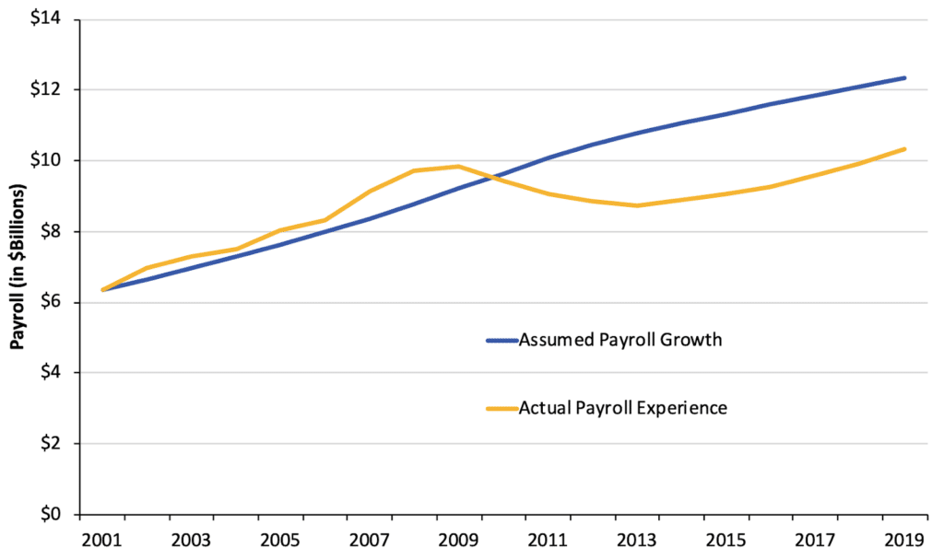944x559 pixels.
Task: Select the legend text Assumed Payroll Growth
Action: pos(619,339)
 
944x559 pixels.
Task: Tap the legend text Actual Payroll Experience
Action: pos(622,408)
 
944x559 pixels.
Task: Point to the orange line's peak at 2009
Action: pos(458,167)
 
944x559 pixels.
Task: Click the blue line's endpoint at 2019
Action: pos(904,78)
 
